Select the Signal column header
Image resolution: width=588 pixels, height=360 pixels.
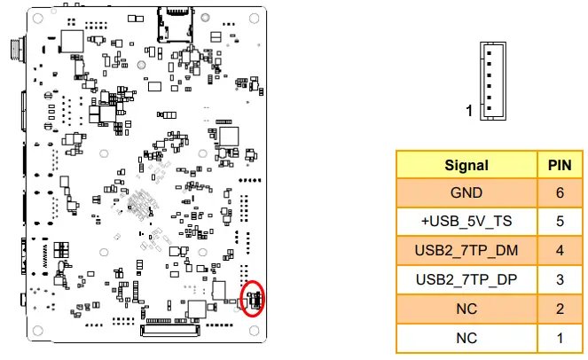pyautogui.click(x=466, y=165)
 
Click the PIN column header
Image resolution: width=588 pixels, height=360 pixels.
pyautogui.click(x=560, y=165)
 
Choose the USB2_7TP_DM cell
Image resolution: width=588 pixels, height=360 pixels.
pyautogui.click(x=466, y=251)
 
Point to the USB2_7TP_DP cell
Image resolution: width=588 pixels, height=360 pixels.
pyautogui.click(x=466, y=280)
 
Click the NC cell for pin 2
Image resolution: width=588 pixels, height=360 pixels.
pyautogui.click(x=466, y=309)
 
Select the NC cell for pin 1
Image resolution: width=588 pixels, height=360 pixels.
pyautogui.click(x=466, y=338)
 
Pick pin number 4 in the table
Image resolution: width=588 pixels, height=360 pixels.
pyautogui.click(x=560, y=251)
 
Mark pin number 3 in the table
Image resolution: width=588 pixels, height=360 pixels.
pyautogui.click(x=560, y=280)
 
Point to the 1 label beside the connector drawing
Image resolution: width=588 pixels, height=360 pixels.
pyautogui.click(x=470, y=112)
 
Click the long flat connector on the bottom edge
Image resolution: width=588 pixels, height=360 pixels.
pyautogui.click(x=170, y=333)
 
